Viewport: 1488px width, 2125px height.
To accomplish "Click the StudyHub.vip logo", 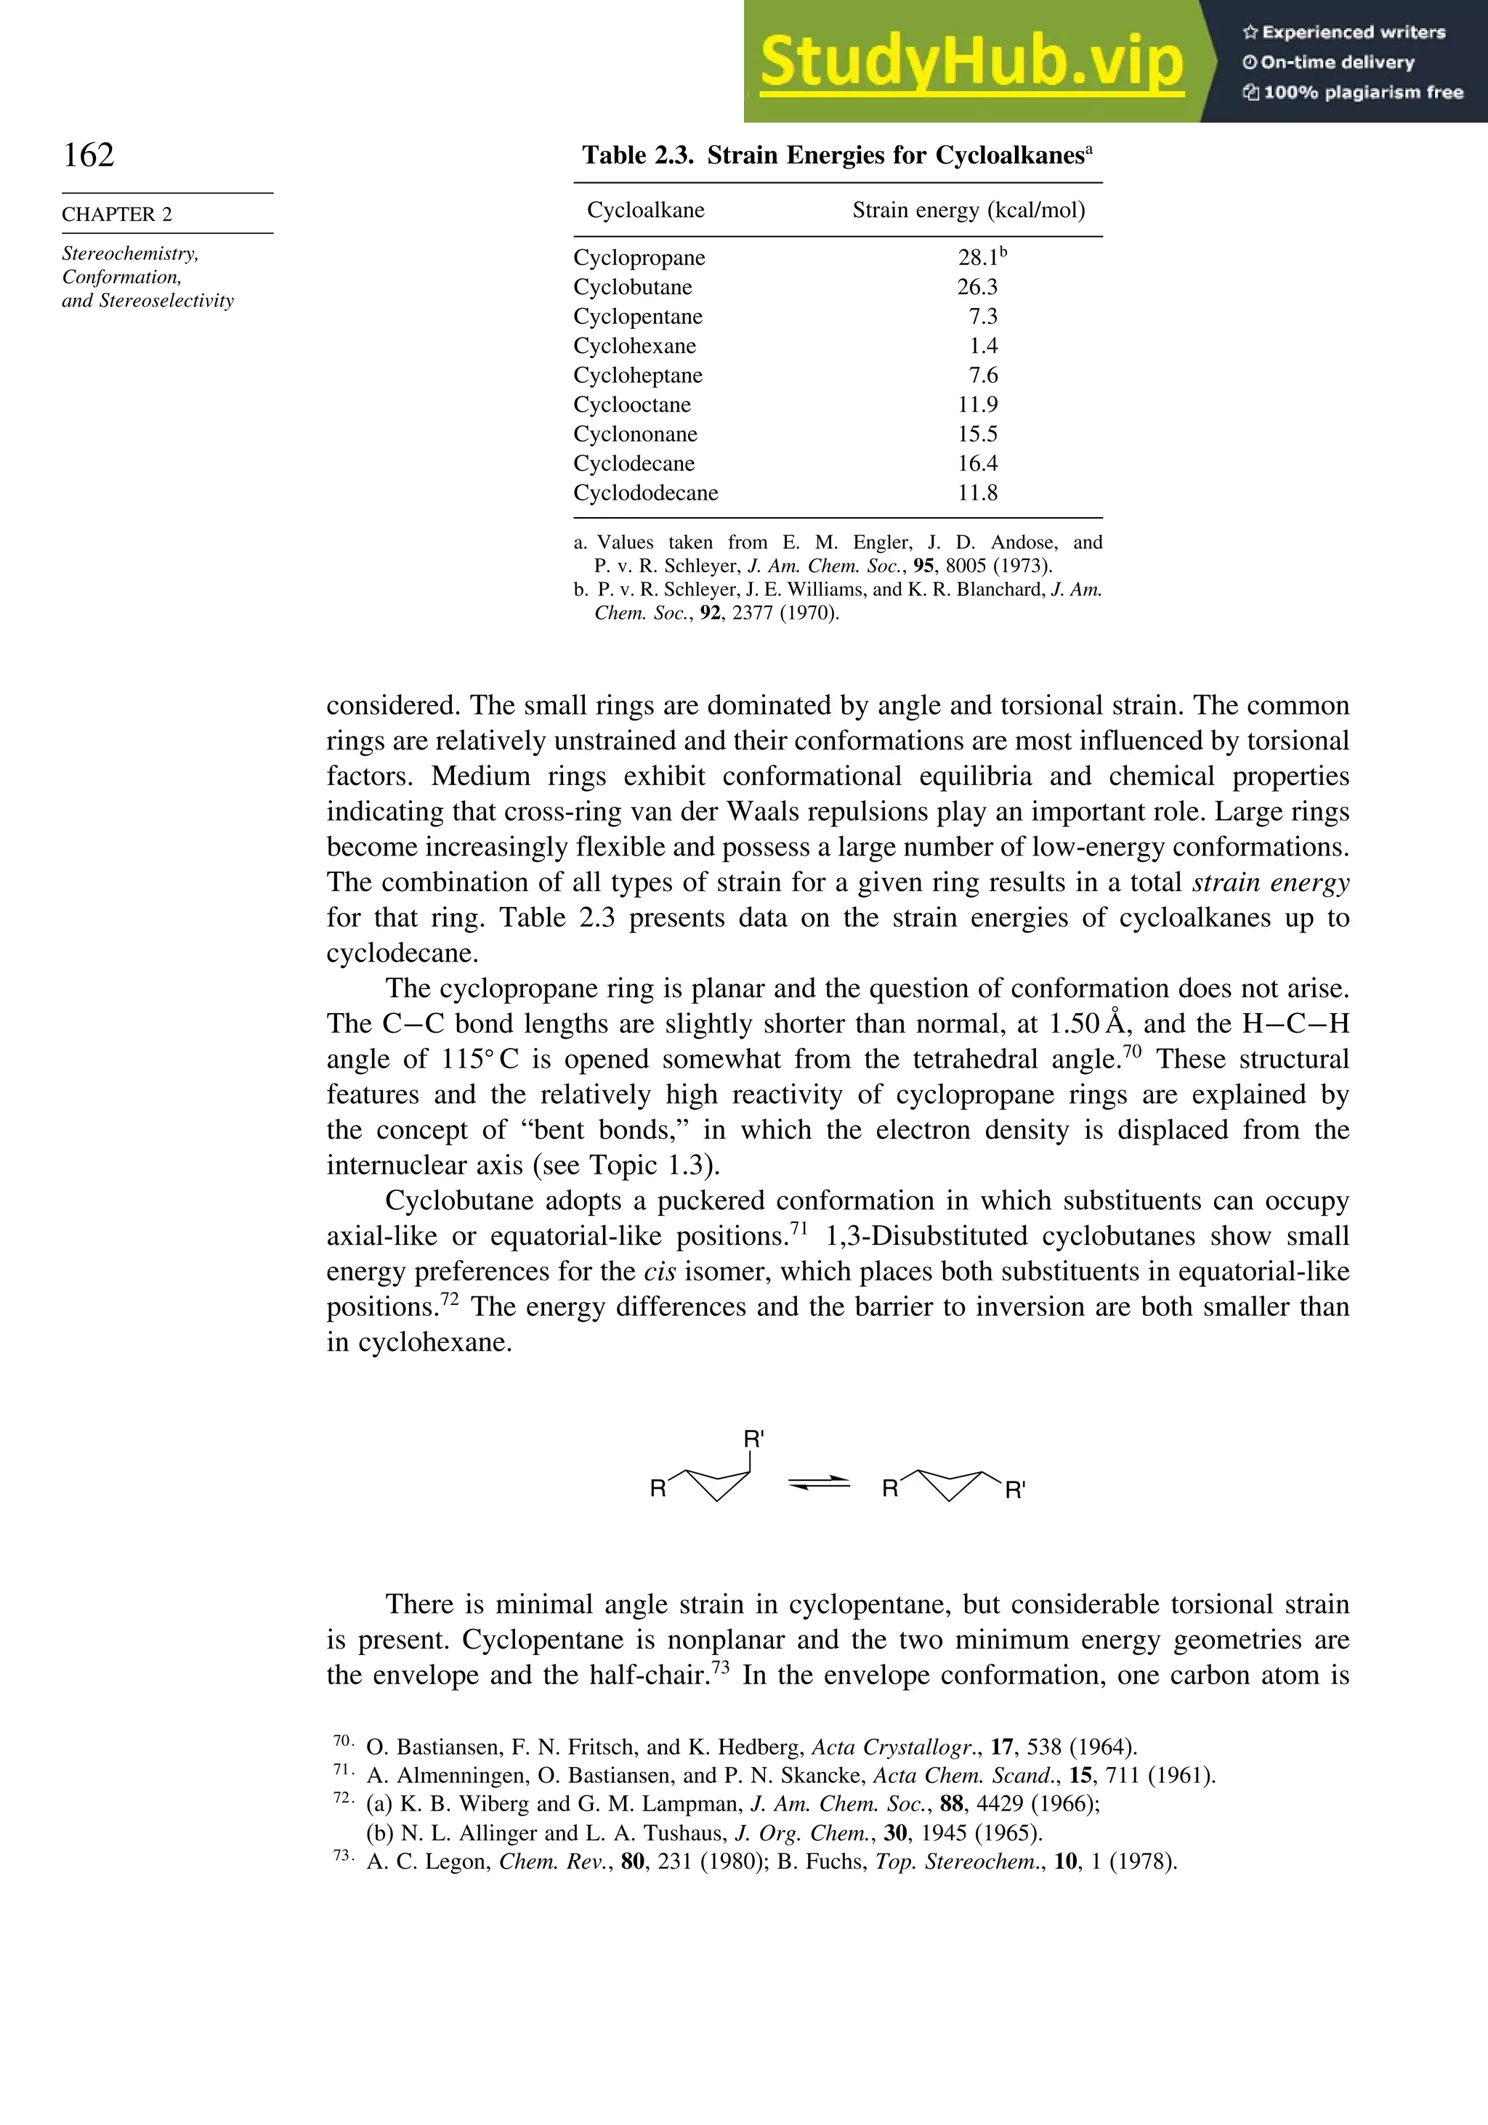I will pos(971,63).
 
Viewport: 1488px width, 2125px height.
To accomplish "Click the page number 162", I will pos(89,155).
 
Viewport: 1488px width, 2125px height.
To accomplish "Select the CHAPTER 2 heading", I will pos(117,214).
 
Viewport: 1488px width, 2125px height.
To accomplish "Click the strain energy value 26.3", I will pos(977,287).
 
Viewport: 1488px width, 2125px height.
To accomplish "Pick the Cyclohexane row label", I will pos(634,346).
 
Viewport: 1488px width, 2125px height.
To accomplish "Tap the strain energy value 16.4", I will pos(977,463).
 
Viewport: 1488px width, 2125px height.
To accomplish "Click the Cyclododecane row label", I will pos(645,493).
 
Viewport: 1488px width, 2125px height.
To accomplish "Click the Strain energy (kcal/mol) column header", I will pos(969,210).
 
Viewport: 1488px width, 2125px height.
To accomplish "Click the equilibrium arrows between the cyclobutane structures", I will pos(819,1483).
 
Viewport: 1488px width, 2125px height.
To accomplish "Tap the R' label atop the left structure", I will pos(753,1439).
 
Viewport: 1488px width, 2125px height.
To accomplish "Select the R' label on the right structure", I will pos(1015,1490).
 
